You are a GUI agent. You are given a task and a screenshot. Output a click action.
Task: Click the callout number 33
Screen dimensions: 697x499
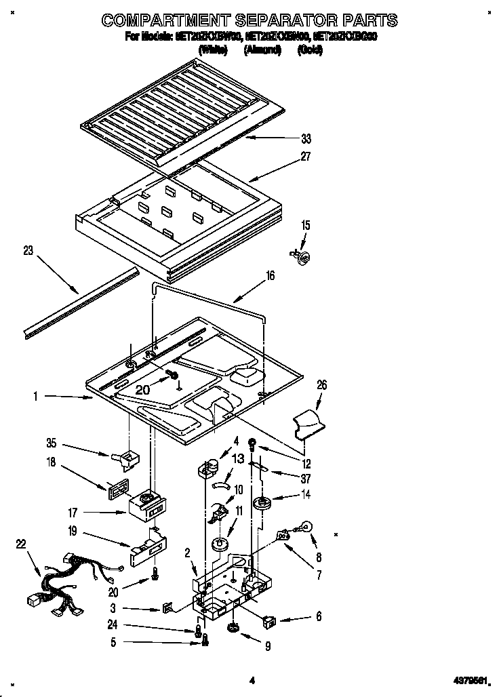click(x=306, y=139)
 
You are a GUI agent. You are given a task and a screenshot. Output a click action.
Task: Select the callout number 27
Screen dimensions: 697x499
click(x=306, y=156)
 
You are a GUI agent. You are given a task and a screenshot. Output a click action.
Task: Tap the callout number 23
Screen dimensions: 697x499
click(x=28, y=250)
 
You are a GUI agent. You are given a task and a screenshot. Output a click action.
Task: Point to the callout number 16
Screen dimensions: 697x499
click(x=271, y=276)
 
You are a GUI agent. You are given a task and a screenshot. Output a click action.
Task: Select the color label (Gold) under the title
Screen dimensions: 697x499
click(x=309, y=50)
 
